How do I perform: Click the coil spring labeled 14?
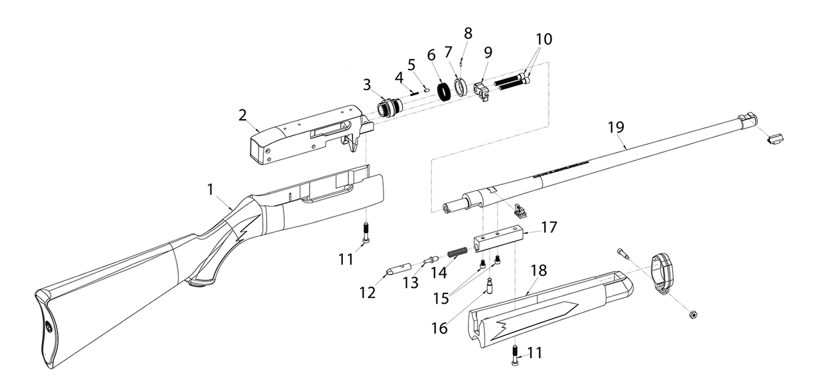(x=458, y=256)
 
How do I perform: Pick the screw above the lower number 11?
(x=514, y=356)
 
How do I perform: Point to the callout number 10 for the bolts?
(x=543, y=40)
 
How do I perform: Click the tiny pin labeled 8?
(x=463, y=61)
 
